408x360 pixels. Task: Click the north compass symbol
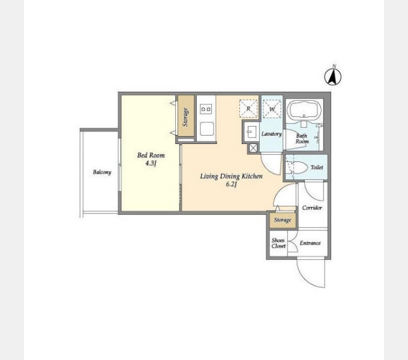(x=333, y=76)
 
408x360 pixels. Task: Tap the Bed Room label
(x=151, y=155)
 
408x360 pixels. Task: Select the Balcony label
(x=102, y=172)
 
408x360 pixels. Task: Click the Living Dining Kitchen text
(x=231, y=176)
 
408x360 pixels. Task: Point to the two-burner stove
(x=206, y=109)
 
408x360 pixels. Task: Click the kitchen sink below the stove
(x=207, y=129)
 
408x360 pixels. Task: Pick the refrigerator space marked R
(x=248, y=109)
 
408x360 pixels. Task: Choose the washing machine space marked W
(x=272, y=109)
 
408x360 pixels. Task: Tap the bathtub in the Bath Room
(x=304, y=110)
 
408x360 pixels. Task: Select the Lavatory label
(x=271, y=134)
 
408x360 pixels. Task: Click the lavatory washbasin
(x=251, y=131)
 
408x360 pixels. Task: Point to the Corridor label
(x=312, y=208)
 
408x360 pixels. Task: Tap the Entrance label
(x=310, y=243)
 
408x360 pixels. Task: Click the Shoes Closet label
(x=278, y=243)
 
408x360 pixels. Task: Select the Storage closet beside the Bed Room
(x=186, y=115)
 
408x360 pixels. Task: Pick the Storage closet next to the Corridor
(x=283, y=220)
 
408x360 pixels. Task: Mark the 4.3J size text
(x=151, y=163)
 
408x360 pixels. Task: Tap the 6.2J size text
(x=232, y=184)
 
